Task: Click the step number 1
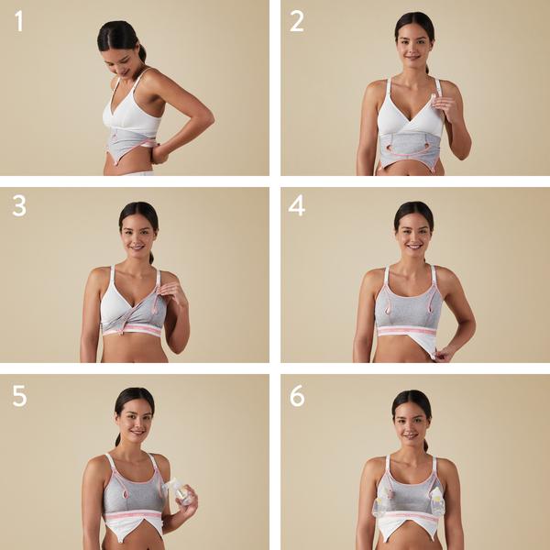[x=19, y=21]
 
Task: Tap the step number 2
[x=297, y=21]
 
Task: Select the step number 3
[x=19, y=206]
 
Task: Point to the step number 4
[x=297, y=206]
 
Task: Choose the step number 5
[x=19, y=396]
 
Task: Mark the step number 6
[x=297, y=396]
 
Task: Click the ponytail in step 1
[x=142, y=54]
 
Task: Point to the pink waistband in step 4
[x=408, y=331]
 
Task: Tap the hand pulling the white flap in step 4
[x=443, y=356]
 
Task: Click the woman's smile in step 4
[x=414, y=247]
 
